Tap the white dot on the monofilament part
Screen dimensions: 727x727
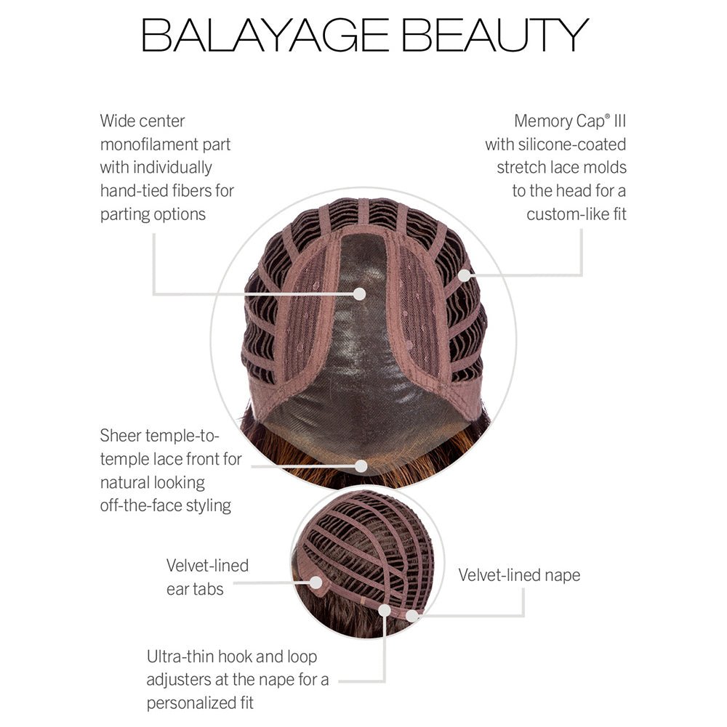tap(359, 293)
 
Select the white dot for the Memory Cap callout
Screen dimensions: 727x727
tap(465, 276)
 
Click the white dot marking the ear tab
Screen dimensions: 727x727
tap(316, 582)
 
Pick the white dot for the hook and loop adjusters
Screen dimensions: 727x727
tap(385, 610)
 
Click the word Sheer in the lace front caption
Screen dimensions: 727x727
tap(121, 436)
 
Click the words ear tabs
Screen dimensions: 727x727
tap(195, 589)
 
